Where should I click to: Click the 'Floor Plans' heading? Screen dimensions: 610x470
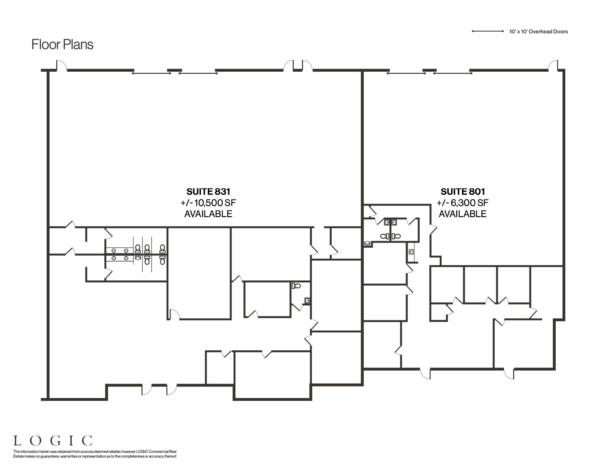coord(62,44)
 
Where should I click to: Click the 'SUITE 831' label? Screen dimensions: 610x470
coord(208,192)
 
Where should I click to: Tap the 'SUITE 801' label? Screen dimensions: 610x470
coord(463,192)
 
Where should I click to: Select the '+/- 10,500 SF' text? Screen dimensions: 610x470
coord(208,203)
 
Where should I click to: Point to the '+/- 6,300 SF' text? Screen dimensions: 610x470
coord(463,203)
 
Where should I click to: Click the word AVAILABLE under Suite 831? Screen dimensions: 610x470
coord(208,214)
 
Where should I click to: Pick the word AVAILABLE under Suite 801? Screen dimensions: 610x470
coord(463,214)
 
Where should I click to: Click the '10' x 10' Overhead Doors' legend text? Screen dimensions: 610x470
coord(539,31)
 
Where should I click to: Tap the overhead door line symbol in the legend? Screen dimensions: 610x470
coord(488,31)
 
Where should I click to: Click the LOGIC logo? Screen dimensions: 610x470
coord(53,441)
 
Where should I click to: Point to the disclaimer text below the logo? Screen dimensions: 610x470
coord(95,454)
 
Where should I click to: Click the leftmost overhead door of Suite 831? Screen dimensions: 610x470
coord(151,73)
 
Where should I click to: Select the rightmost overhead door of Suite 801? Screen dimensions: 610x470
coord(453,73)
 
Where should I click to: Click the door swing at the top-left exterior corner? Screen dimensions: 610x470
coord(61,65)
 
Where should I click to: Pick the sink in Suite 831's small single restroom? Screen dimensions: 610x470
coord(307,301)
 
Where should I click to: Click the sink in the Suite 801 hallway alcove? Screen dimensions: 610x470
coord(411,252)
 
